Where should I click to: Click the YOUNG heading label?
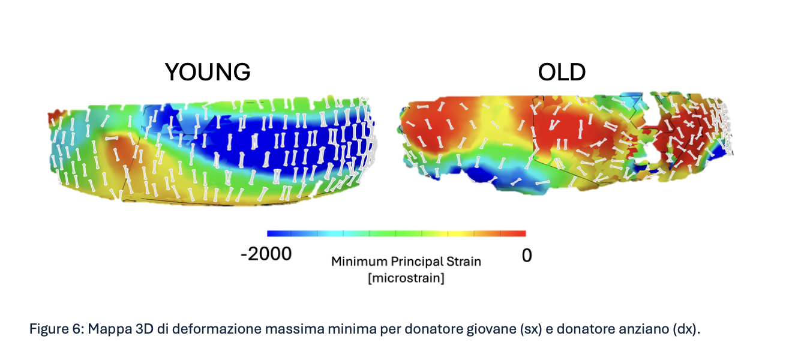[208, 73]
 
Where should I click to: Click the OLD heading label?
[562, 73]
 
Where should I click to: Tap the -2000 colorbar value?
[266, 254]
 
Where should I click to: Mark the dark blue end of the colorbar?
[271, 233]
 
